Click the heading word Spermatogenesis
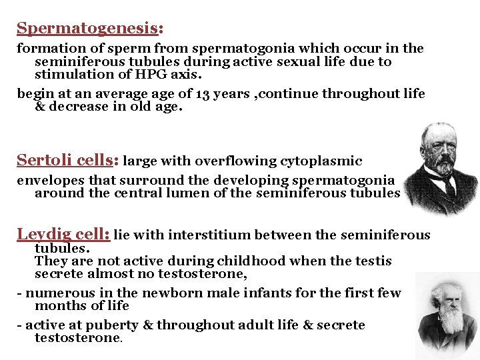[88, 29]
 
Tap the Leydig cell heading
[63, 235]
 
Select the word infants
[256, 293]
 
